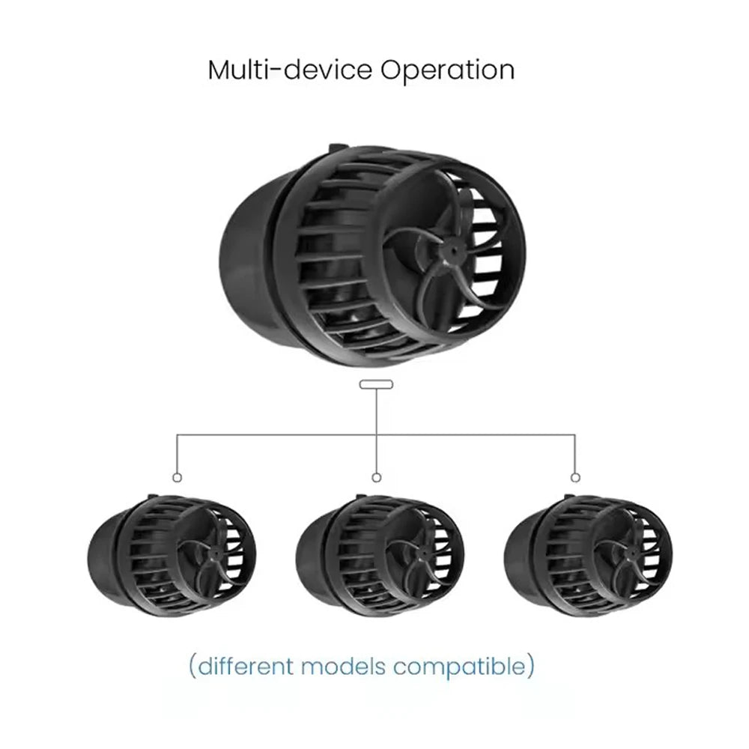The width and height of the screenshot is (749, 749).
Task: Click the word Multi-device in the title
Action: click(290, 70)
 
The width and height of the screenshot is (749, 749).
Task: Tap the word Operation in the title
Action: click(448, 71)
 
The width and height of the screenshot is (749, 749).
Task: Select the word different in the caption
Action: click(246, 666)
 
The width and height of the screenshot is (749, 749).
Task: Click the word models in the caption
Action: click(343, 666)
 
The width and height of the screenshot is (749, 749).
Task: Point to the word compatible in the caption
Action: click(460, 667)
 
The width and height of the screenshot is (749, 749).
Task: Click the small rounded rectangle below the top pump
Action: click(377, 384)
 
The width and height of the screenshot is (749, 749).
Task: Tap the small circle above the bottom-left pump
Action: click(178, 478)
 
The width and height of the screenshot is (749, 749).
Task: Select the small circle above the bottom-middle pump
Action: click(377, 478)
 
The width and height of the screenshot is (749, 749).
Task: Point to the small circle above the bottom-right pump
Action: click(575, 478)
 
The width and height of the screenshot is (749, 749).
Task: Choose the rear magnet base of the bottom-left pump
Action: click(103, 557)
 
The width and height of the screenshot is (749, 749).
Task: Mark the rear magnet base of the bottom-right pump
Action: click(520, 557)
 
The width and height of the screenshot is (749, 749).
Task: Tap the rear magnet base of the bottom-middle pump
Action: click(312, 557)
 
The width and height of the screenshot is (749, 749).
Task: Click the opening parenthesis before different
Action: click(192, 667)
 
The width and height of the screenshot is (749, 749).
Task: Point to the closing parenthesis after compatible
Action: click(531, 667)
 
